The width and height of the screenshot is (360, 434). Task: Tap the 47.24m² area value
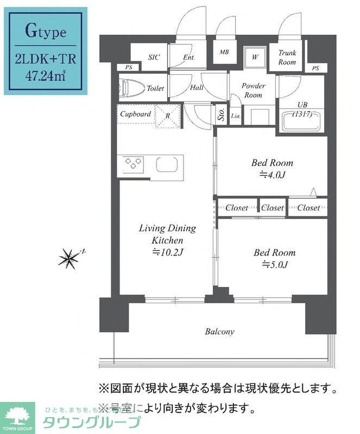click(46, 74)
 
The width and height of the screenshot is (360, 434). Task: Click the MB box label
click(224, 53)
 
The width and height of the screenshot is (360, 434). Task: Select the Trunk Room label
click(287, 58)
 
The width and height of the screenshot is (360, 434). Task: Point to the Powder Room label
click(253, 91)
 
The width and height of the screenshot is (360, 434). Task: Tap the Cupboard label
click(135, 114)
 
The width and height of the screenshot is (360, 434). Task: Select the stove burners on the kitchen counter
click(134, 163)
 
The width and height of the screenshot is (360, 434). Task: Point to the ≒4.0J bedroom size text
click(272, 175)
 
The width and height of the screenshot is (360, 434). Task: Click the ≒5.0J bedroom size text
click(275, 265)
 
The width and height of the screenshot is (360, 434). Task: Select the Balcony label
click(219, 331)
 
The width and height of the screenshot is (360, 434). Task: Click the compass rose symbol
click(69, 258)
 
